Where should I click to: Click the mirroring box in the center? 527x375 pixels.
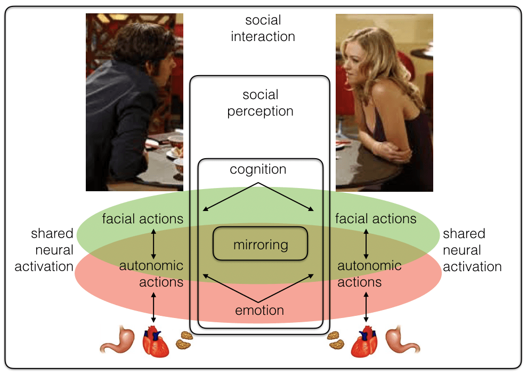pyautogui.click(x=261, y=244)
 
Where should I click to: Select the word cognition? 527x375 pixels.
pyautogui.click(x=258, y=169)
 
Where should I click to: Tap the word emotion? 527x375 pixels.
pyautogui.click(x=260, y=310)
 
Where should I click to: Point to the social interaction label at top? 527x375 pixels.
pyautogui.click(x=263, y=29)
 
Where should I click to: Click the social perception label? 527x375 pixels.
pyautogui.click(x=261, y=103)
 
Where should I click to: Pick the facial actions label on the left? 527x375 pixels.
pyautogui.click(x=142, y=218)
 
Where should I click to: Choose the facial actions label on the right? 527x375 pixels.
pyautogui.click(x=376, y=218)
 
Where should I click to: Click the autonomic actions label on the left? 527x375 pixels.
pyautogui.click(x=151, y=273)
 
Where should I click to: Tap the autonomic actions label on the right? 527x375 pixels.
pyautogui.click(x=369, y=273)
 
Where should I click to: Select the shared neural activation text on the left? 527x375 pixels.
pyautogui.click(x=44, y=250)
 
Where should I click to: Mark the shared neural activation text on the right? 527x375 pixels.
pyautogui.click(x=472, y=250)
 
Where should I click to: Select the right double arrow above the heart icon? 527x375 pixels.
pyautogui.click(x=366, y=309)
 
